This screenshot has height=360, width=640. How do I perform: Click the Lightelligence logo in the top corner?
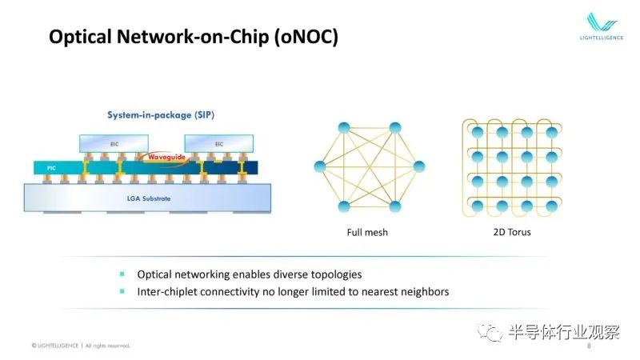pyautogui.click(x=602, y=26)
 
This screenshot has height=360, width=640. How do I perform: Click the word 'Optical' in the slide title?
pyautogui.click(x=80, y=37)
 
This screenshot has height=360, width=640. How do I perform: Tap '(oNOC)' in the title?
pyautogui.click(x=306, y=37)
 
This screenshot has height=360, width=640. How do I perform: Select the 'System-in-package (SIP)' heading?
pyautogui.click(x=161, y=115)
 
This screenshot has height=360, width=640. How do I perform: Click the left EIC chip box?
pyautogui.click(x=114, y=144)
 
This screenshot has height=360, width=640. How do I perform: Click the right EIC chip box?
pyautogui.click(x=218, y=144)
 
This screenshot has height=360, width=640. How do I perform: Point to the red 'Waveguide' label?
pyautogui.click(x=166, y=157)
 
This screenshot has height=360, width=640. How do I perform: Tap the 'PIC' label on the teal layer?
pyautogui.click(x=51, y=168)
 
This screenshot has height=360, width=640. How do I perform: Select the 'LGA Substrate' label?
pyautogui.click(x=149, y=198)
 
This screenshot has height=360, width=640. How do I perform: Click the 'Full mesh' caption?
pyautogui.click(x=367, y=232)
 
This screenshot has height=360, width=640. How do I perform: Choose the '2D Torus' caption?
pyautogui.click(x=512, y=232)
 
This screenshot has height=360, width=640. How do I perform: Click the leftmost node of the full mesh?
pyautogui.click(x=320, y=166)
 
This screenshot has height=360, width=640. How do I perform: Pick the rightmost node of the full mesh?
pyautogui.click(x=419, y=166)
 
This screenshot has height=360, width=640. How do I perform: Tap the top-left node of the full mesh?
pyautogui.click(x=344, y=128)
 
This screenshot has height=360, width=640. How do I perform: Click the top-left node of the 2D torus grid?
pyautogui.click(x=477, y=132)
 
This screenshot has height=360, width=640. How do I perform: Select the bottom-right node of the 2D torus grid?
pyautogui.click(x=551, y=206)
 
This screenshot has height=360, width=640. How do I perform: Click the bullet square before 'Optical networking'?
pyautogui.click(x=122, y=274)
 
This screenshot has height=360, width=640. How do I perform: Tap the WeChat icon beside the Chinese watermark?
pyautogui.click(x=490, y=332)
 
